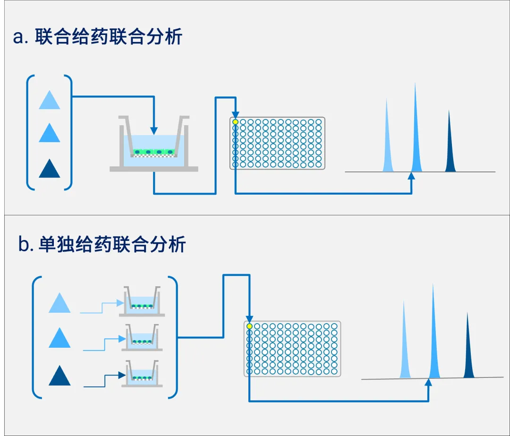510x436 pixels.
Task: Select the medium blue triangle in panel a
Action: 50,133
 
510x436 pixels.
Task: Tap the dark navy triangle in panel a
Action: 50,168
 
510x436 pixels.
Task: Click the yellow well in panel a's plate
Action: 236,122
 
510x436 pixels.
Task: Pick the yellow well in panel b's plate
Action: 249,326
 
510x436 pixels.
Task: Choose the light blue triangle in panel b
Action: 59,303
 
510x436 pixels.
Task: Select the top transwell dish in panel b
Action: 142,301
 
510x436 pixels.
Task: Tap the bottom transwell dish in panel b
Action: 142,374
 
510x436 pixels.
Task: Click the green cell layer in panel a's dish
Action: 154,152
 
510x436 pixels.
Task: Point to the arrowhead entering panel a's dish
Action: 154,131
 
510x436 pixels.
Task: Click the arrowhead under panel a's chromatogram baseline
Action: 411,176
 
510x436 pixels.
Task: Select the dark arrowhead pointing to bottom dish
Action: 122,375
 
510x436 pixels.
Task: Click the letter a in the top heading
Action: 18,37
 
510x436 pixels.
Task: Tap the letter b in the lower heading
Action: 24,244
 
